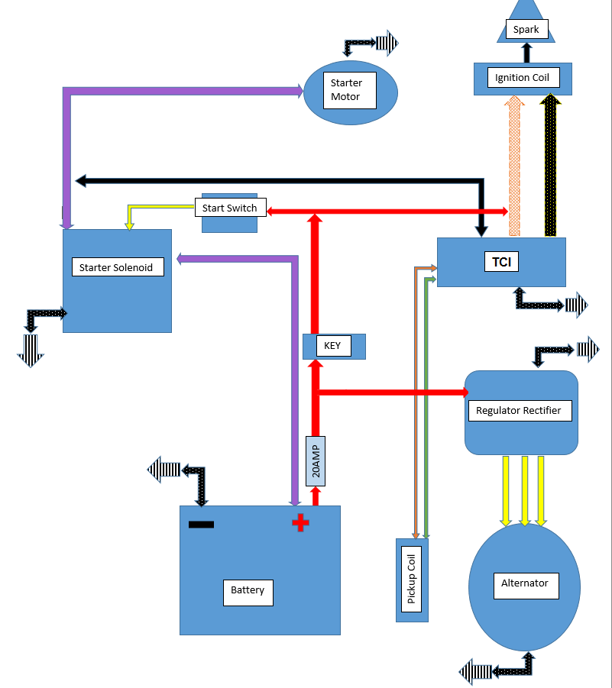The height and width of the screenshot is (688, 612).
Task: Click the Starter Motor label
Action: pyautogui.click(x=347, y=90)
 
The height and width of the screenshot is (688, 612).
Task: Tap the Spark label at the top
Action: pyautogui.click(x=526, y=31)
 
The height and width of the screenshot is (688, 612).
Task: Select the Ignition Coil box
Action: pyautogui.click(x=523, y=78)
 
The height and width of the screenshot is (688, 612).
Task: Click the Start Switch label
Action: pyautogui.click(x=230, y=208)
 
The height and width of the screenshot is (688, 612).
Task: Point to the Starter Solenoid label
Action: pyautogui.click(x=117, y=268)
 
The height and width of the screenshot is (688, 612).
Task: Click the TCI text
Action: pyautogui.click(x=501, y=262)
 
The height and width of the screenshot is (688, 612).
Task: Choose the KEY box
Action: pyautogui.click(x=333, y=346)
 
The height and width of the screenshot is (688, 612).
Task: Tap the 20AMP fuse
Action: pyautogui.click(x=316, y=461)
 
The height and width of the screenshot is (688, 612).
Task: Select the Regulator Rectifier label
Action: pyautogui.click(x=518, y=411)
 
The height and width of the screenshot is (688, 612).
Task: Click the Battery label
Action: pyautogui.click(x=248, y=590)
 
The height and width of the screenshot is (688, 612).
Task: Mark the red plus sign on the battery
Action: pyautogui.click(x=301, y=523)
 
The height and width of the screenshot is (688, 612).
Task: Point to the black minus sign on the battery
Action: pyautogui.click(x=202, y=525)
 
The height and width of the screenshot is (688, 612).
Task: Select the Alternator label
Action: pyautogui.click(x=524, y=583)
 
